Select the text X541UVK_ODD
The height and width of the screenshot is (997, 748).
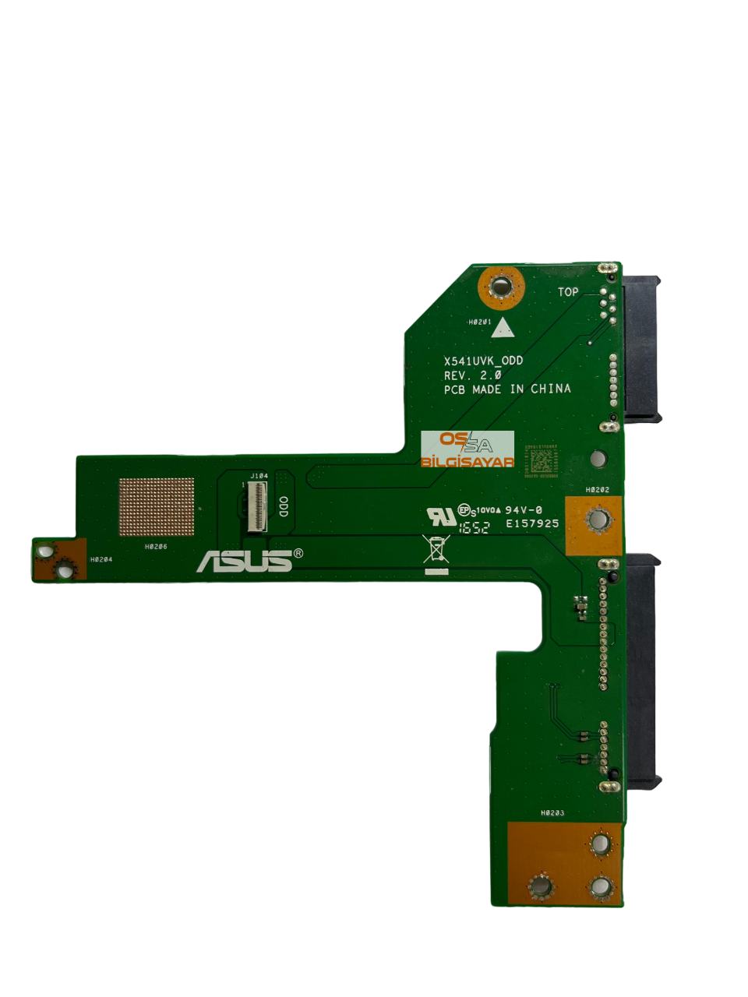tap(483, 361)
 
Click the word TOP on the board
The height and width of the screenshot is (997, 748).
tap(568, 292)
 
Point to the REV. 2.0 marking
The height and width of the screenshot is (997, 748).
tap(472, 375)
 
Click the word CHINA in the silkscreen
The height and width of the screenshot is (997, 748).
tap(551, 389)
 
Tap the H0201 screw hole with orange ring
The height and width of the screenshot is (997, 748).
tap(501, 287)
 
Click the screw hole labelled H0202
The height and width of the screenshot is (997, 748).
tap(598, 520)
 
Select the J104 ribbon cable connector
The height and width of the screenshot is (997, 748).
tap(257, 509)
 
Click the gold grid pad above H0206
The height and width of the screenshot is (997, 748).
tap(157, 507)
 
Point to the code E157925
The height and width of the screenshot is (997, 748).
tap(532, 523)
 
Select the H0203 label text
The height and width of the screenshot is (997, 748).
tap(552, 813)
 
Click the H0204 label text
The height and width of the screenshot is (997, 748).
tap(101, 559)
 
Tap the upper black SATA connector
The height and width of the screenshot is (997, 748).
tap(641, 349)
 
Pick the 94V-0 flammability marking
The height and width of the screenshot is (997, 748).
tap(524, 510)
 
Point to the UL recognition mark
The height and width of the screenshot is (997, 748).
tap(441, 516)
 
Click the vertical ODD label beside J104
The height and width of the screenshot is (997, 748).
tap(284, 506)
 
